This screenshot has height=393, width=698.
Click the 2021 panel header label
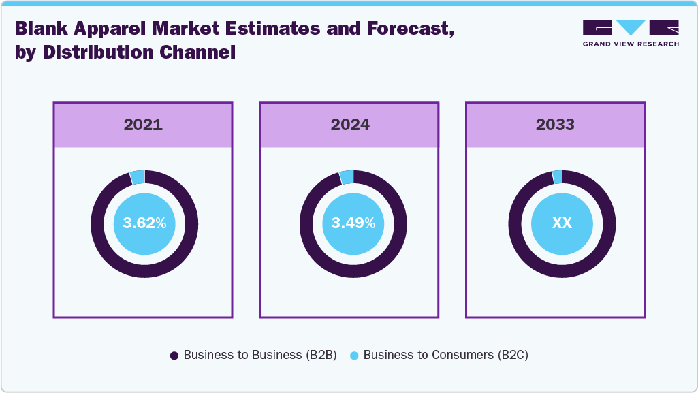143,125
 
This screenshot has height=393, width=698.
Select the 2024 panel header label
350,125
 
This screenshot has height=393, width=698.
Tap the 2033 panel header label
555,125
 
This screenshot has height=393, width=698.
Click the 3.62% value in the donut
144,223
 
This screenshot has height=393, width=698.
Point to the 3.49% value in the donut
353,223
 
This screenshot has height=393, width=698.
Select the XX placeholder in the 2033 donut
562,223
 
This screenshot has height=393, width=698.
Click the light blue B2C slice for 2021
138,177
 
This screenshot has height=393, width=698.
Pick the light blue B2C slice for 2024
347,177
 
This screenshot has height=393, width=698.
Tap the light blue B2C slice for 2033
557,177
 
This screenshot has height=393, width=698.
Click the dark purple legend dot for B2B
174,356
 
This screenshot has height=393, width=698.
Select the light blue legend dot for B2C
354,356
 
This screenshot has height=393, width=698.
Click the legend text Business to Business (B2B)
260,355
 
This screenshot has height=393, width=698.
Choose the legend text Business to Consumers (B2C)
446,355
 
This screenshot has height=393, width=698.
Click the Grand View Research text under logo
631,44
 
